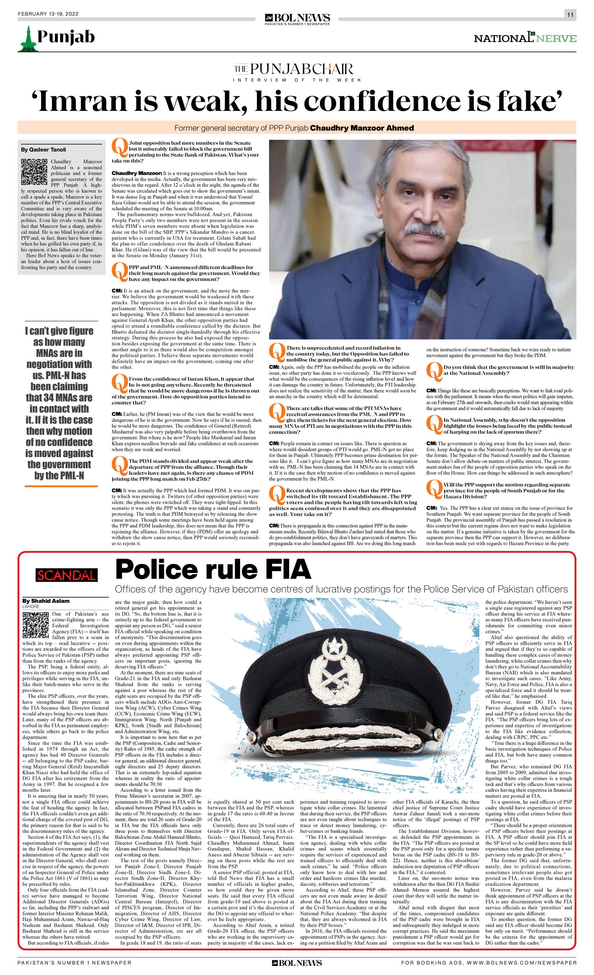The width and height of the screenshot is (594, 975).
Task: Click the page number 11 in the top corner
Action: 570,14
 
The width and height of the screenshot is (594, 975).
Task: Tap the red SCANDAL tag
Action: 66,575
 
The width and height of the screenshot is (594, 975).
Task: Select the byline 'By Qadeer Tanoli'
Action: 43,150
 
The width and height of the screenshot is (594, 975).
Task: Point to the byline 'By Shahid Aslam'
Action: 45,601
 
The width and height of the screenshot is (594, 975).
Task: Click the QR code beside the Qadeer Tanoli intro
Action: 34,172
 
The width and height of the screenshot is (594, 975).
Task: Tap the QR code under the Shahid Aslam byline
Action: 35,625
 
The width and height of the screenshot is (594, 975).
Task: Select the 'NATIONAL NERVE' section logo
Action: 525,38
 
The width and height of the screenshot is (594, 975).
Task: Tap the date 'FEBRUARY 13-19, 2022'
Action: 48,14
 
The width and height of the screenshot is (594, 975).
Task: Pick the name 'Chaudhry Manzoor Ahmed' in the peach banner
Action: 362,128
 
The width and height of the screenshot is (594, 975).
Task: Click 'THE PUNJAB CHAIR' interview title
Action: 293,69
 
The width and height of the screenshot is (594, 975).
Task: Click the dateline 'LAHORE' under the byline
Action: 31,606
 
